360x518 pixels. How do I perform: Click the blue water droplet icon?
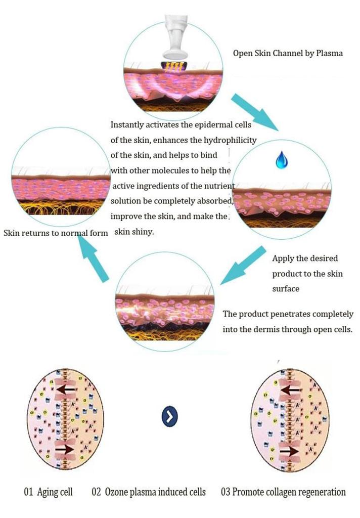click(x=281, y=160)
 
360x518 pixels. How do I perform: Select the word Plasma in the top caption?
click(x=329, y=53)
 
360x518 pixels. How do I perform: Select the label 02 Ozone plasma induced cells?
click(x=149, y=492)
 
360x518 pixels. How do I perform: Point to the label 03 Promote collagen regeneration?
click(x=284, y=492)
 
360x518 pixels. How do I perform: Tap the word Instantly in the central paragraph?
click(x=129, y=124)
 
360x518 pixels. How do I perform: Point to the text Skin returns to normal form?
click(x=56, y=234)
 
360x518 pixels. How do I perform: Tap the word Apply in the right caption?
click(x=283, y=258)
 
